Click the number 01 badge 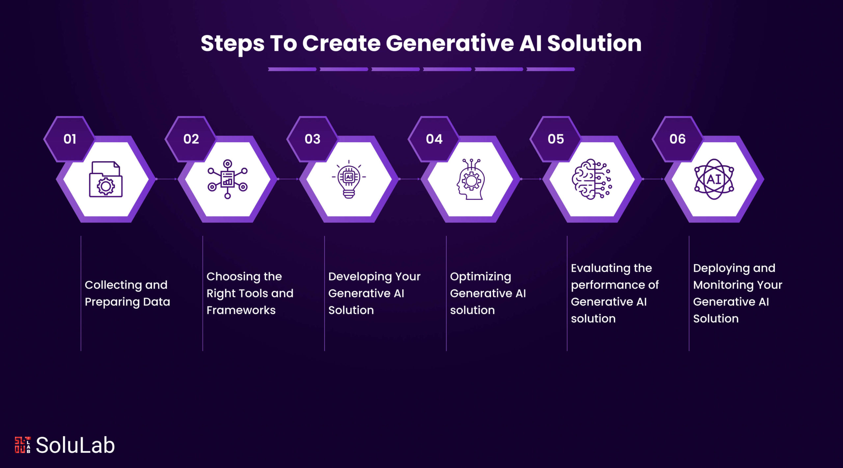tap(69, 139)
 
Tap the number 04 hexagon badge tap(434, 139)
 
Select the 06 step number tap(677, 139)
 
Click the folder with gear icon tap(106, 179)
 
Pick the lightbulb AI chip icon tap(349, 179)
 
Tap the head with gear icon tap(471, 179)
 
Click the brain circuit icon tap(592, 179)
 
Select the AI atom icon tap(714, 179)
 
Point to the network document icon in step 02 tap(227, 179)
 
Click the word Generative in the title tap(449, 43)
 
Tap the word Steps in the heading tap(232, 43)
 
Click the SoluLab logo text tap(75, 445)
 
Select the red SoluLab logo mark tap(22, 445)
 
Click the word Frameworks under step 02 tap(241, 310)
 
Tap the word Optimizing tap(480, 277)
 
